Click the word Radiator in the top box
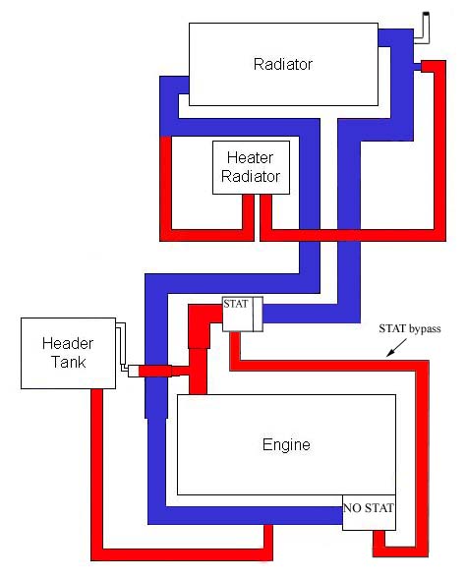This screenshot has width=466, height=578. click(x=283, y=64)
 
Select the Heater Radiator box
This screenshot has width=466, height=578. click(x=251, y=167)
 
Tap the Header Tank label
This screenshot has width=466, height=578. click(x=68, y=353)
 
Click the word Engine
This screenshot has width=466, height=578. click(x=286, y=444)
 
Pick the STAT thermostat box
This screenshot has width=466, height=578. click(x=243, y=315)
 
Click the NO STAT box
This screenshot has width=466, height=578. click(x=369, y=513)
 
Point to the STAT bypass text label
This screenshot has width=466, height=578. click(x=410, y=328)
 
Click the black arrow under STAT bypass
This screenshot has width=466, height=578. click(x=396, y=348)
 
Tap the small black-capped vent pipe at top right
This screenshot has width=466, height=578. click(x=422, y=28)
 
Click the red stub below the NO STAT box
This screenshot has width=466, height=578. click(x=379, y=543)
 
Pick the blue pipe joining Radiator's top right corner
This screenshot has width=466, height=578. click(x=395, y=37)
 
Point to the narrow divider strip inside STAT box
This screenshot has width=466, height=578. click(x=258, y=315)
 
